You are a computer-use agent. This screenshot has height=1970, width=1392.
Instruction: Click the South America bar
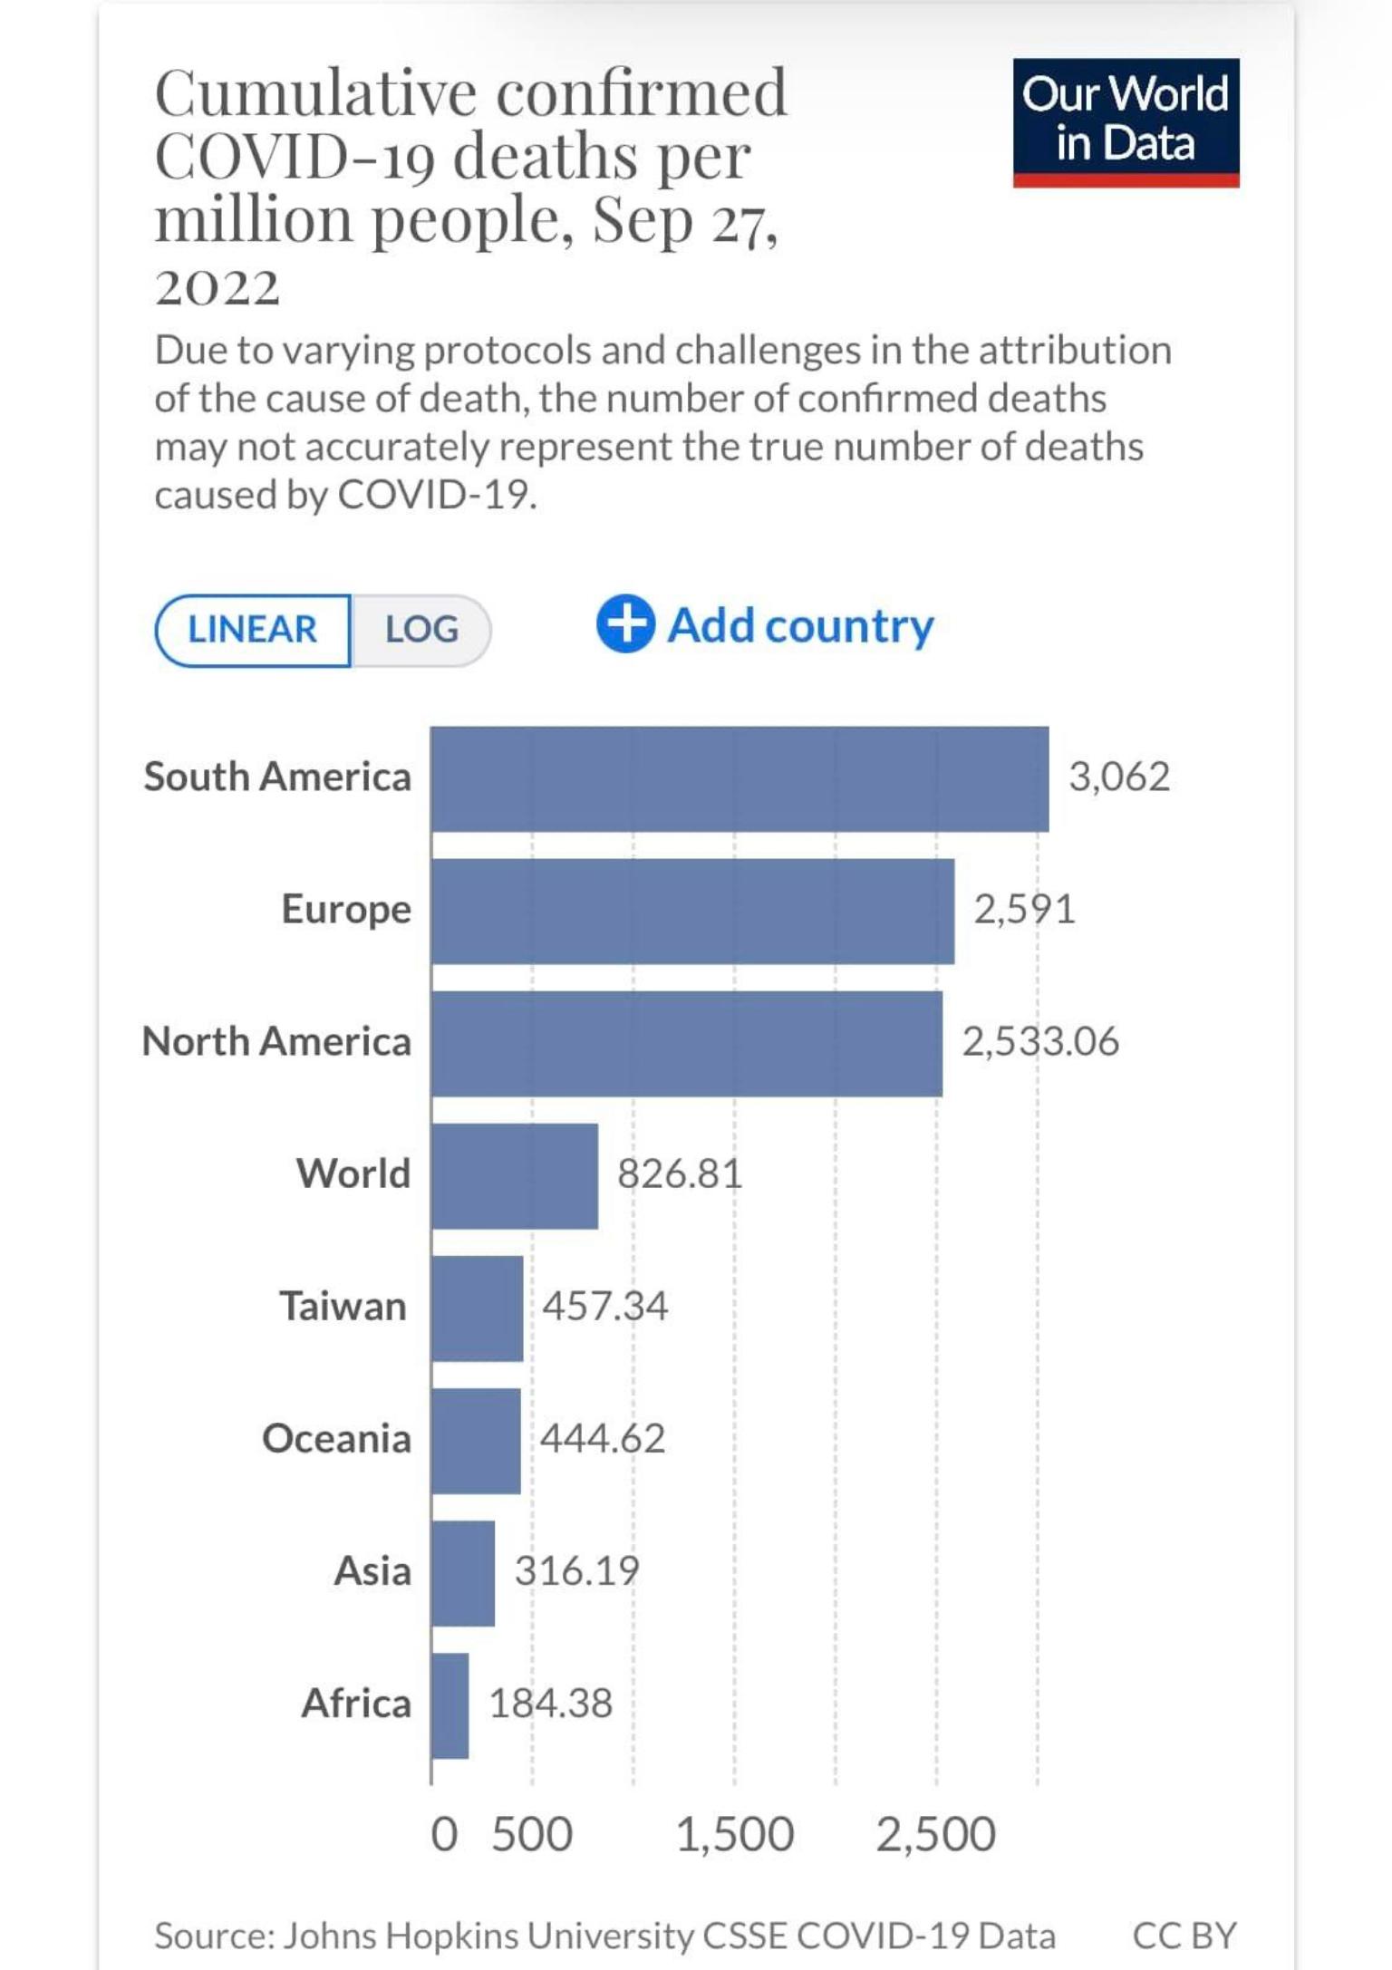(739, 778)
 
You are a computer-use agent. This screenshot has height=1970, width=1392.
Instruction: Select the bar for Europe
(692, 911)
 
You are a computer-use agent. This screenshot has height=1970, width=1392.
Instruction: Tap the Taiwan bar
(477, 1308)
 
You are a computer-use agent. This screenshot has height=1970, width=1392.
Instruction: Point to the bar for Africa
(449, 1705)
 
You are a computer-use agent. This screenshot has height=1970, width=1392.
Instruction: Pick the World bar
(514, 1175)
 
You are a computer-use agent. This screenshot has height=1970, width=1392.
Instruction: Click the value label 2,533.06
(1040, 1042)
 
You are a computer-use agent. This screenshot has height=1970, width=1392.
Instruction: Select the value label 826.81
(680, 1174)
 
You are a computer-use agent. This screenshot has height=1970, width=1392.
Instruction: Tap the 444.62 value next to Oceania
(603, 1439)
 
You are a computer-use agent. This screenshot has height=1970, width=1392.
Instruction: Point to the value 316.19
(577, 1571)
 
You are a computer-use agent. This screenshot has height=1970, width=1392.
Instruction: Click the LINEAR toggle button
(253, 630)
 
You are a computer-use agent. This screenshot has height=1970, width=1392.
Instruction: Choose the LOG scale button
(421, 630)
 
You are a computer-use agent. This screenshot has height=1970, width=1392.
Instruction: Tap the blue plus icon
(625, 624)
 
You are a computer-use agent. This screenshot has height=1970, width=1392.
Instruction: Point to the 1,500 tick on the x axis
(735, 1835)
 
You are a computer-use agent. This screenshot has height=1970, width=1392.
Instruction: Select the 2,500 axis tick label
(936, 1835)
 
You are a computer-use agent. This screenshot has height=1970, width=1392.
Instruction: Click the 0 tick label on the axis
(444, 1835)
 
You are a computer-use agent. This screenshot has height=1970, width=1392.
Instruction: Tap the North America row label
(277, 1042)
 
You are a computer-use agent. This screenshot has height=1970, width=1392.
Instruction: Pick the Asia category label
(372, 1571)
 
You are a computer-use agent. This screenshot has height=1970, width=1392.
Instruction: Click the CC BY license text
(1184, 1936)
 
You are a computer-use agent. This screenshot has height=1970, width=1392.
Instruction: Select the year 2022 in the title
(217, 288)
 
